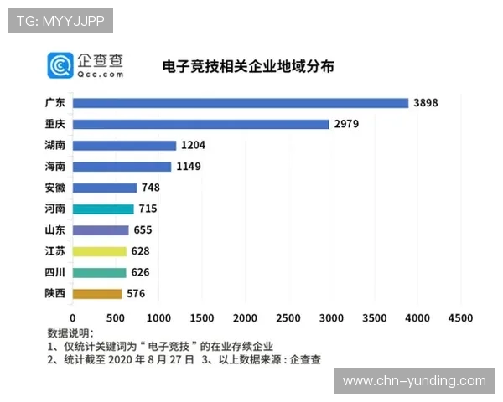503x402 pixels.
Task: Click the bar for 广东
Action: (x=240, y=103)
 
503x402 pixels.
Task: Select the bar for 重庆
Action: (x=200, y=124)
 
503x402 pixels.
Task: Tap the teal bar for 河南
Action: (x=103, y=209)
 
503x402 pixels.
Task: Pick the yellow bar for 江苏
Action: (x=99, y=251)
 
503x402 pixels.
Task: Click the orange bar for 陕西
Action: (x=97, y=294)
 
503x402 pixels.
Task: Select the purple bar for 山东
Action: (x=101, y=230)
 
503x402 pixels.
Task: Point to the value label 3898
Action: (x=426, y=103)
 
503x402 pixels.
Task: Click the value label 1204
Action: (x=193, y=146)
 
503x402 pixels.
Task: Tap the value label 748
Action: (x=151, y=188)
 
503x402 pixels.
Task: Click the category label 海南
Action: (x=54, y=167)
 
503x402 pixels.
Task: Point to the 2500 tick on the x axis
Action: (x=288, y=318)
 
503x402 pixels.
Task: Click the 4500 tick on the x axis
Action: (x=460, y=318)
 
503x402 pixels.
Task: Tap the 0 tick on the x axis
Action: (x=73, y=318)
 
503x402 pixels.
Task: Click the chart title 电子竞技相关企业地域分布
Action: (x=236, y=66)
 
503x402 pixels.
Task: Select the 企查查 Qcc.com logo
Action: (x=86, y=65)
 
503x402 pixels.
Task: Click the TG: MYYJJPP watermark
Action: (x=60, y=20)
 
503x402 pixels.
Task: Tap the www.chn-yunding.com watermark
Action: (x=414, y=381)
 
